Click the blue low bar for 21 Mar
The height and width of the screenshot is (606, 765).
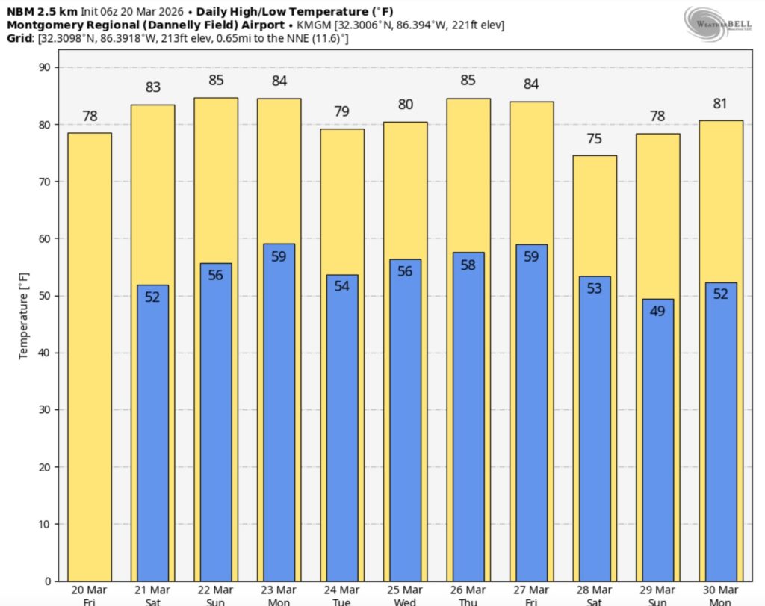(x=152, y=433)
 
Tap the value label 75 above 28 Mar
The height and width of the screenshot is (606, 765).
(x=595, y=138)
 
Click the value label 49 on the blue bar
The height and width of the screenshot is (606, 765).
(x=657, y=311)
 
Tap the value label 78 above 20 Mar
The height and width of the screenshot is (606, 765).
(x=90, y=116)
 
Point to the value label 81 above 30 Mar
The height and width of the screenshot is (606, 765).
(x=721, y=103)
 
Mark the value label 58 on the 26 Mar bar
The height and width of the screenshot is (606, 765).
(x=468, y=265)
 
